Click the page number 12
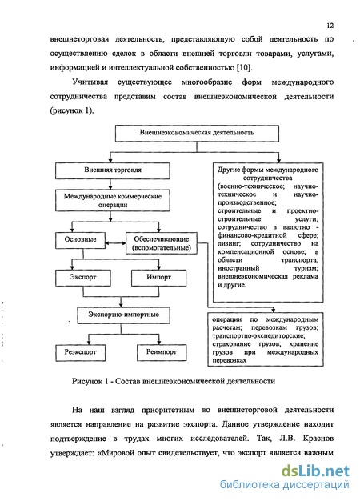click(330, 26)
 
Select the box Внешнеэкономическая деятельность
click(197, 133)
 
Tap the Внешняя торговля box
click(113, 170)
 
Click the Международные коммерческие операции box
click(113, 200)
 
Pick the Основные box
click(80, 240)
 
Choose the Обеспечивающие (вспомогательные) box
click(162, 243)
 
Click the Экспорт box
click(83, 278)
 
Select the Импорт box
click(158, 278)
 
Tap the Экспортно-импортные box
click(124, 315)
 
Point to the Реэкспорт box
click(80, 353)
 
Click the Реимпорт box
click(162, 353)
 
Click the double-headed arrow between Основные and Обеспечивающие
click(115, 243)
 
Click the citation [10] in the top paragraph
click(244, 68)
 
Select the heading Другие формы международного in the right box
click(268, 170)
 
